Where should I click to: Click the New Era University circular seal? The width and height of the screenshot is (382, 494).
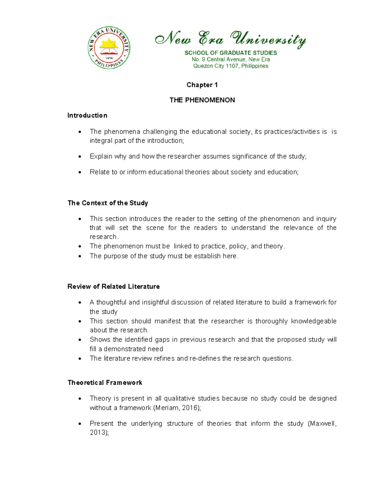(x=109, y=48)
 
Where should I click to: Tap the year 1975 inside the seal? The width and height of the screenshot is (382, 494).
(x=109, y=58)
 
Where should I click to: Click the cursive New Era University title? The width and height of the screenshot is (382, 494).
(x=230, y=39)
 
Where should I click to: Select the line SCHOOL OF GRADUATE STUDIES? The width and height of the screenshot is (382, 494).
(x=230, y=53)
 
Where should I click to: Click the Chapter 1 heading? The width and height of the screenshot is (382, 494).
(x=202, y=85)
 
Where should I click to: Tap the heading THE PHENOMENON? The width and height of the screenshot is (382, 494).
(x=202, y=100)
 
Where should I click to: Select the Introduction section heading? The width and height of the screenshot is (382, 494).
(x=87, y=115)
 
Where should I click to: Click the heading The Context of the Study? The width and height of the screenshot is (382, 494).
(x=108, y=203)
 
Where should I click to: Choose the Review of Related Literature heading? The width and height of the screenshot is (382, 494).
(x=113, y=286)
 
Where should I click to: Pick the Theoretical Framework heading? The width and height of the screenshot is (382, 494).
(x=105, y=382)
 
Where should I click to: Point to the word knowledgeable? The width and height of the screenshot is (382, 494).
(x=314, y=321)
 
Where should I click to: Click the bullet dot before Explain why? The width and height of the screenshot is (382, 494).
(x=80, y=157)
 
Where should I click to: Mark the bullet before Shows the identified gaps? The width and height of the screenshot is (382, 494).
(x=80, y=340)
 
